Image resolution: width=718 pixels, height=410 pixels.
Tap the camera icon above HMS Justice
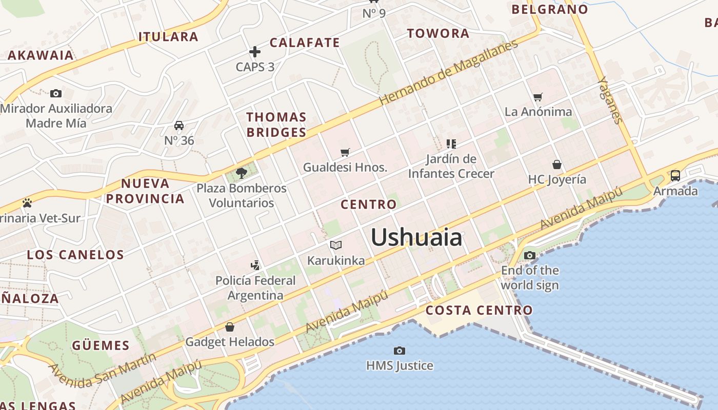(x=399, y=351)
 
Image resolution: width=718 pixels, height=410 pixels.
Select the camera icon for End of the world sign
(x=530, y=255)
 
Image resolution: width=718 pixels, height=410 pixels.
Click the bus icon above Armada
(x=675, y=176)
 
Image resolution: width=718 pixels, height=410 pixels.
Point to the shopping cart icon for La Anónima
(x=537, y=97)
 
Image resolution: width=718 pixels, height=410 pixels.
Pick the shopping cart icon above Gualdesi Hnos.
(x=345, y=152)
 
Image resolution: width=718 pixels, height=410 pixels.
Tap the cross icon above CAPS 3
(x=255, y=52)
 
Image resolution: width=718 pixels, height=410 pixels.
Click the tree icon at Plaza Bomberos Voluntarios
(x=241, y=173)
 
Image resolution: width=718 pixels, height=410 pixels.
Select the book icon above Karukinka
(x=336, y=245)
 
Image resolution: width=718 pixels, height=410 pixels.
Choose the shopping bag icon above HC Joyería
(x=557, y=165)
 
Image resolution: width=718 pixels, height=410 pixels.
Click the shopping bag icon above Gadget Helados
(x=230, y=326)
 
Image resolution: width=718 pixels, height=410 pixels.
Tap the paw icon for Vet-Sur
(x=27, y=203)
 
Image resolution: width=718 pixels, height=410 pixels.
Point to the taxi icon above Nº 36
(x=179, y=126)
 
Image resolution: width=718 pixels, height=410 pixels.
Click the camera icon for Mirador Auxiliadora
(x=56, y=93)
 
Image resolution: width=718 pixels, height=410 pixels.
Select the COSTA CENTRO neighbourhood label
(x=479, y=310)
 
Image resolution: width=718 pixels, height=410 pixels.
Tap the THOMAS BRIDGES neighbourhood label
(x=276, y=125)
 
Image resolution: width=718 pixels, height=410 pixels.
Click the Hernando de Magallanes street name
(x=448, y=72)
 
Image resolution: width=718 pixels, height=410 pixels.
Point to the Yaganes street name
(x=610, y=100)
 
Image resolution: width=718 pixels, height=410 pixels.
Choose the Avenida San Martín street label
(x=103, y=368)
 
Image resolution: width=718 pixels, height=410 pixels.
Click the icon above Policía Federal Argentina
(x=255, y=265)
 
